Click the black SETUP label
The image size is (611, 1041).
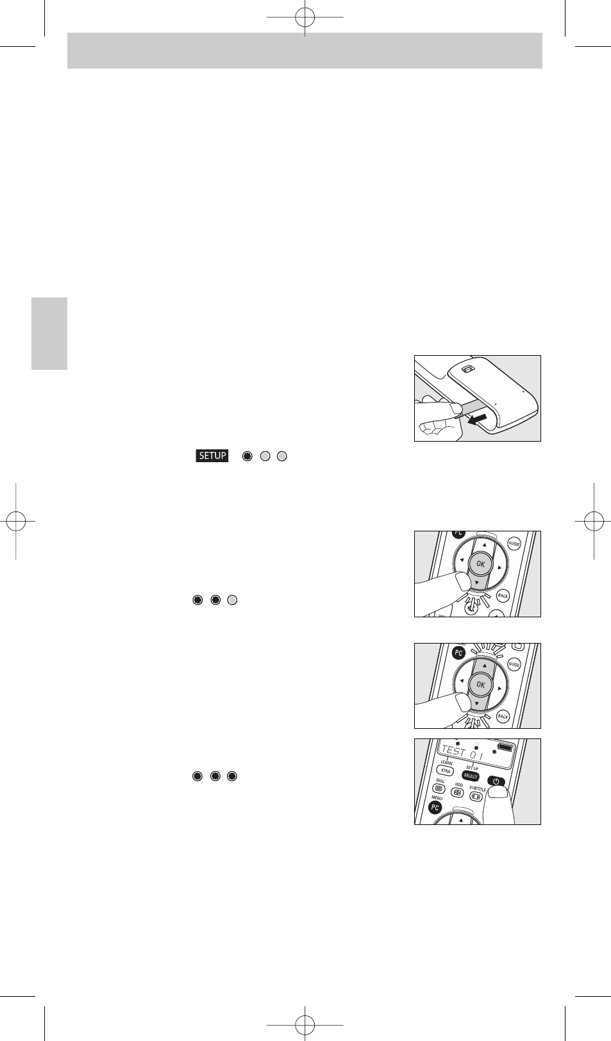click(x=212, y=456)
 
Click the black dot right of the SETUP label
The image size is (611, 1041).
click(x=247, y=456)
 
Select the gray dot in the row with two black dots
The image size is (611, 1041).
click(x=233, y=600)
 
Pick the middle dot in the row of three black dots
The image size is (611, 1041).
click(x=215, y=776)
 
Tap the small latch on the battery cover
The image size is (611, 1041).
click(x=467, y=370)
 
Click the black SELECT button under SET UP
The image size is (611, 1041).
click(x=471, y=776)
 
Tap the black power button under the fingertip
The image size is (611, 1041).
click(x=496, y=781)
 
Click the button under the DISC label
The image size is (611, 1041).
click(x=440, y=788)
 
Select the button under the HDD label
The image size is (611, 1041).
click(x=458, y=792)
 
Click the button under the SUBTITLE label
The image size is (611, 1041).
click(x=476, y=797)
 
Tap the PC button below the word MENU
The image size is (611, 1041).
click(x=435, y=808)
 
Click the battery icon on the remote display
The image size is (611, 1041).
click(x=506, y=747)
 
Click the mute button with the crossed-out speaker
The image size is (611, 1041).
click(x=471, y=609)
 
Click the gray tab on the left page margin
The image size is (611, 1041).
click(x=49, y=333)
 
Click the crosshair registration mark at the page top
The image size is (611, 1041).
click(x=305, y=17)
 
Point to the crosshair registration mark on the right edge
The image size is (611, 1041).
click(x=594, y=521)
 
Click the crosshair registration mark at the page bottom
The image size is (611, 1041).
click(x=305, y=1024)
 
